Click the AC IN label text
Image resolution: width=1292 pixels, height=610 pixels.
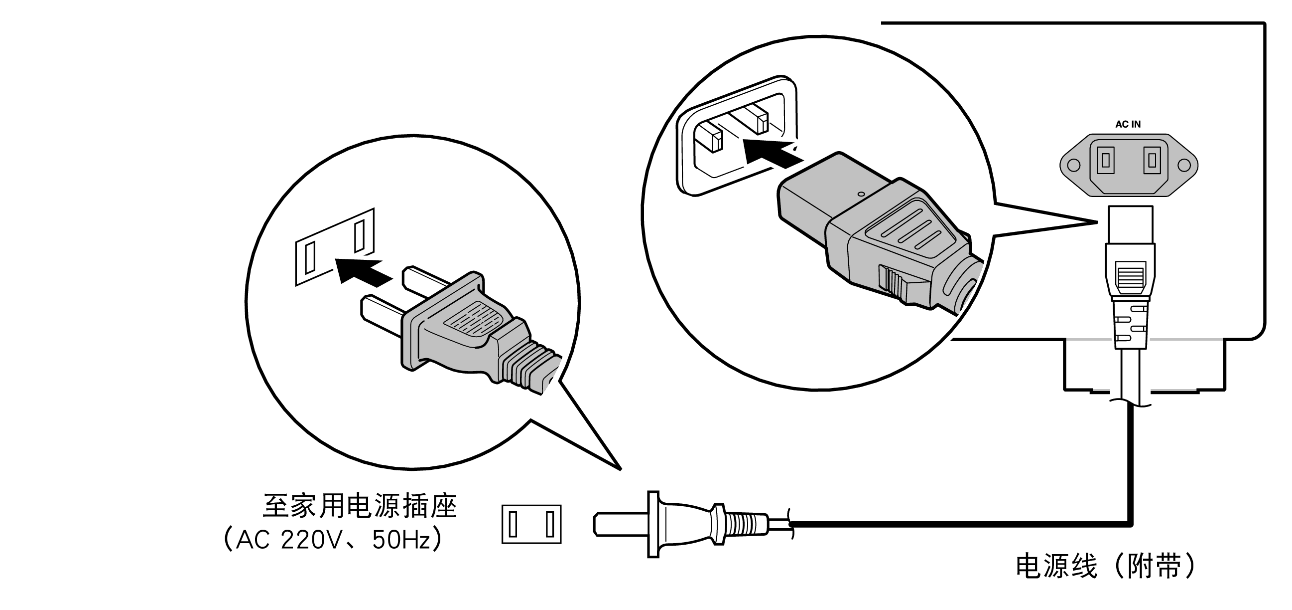pyautogui.click(x=1128, y=124)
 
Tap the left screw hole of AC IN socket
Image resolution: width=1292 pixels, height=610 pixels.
pyautogui.click(x=1073, y=165)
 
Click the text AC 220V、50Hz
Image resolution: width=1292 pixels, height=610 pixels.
pyautogui.click(x=333, y=540)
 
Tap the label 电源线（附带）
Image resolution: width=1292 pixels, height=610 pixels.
pyautogui.click(x=1106, y=567)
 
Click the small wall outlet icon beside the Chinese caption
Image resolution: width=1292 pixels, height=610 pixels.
pyautogui.click(x=531, y=524)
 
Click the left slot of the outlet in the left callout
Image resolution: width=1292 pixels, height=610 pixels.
pyautogui.click(x=310, y=256)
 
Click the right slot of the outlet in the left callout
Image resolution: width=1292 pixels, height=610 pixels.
pyautogui.click(x=360, y=235)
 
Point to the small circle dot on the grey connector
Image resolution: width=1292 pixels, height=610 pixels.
pyautogui.click(x=862, y=194)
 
